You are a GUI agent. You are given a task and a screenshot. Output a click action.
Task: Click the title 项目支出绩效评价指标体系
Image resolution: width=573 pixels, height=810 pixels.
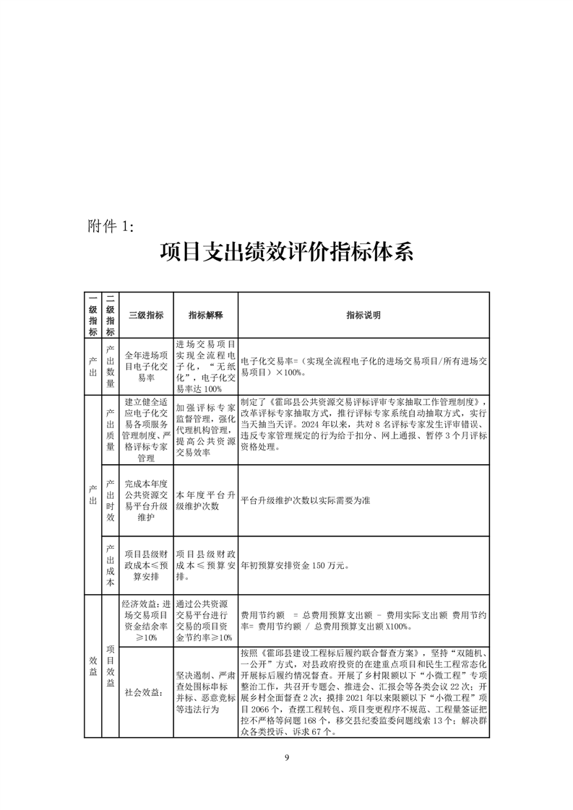point(286,254)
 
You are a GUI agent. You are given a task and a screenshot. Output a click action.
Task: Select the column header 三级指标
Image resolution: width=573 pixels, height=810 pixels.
point(146,315)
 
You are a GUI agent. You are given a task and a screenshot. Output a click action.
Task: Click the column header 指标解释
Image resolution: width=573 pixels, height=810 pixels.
point(206,315)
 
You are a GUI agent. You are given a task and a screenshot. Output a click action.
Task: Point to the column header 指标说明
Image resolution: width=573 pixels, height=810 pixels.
point(363,315)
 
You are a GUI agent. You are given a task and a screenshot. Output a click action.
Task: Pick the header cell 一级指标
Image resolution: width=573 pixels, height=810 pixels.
point(92,315)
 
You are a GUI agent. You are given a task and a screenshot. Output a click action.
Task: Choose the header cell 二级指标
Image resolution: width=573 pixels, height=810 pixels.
point(110,315)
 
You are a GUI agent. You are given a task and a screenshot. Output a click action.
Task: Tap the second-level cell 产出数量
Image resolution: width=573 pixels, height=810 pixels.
point(110,366)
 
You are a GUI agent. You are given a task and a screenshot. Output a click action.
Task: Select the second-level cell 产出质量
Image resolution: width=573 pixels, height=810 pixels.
point(110,430)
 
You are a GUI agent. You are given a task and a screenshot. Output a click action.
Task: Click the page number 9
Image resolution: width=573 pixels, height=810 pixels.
point(287,757)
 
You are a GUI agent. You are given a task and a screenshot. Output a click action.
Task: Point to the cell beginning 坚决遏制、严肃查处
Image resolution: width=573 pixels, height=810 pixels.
point(206,692)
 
